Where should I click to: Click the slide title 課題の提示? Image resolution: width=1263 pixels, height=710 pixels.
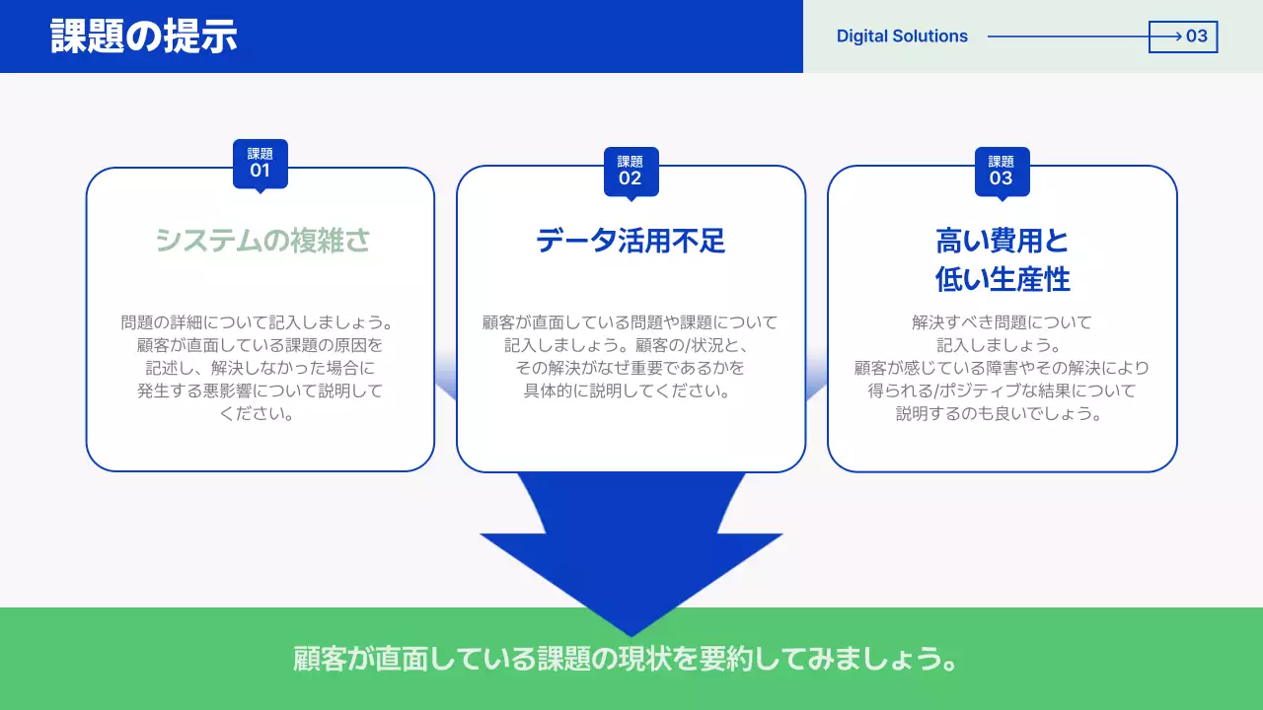pos(144,36)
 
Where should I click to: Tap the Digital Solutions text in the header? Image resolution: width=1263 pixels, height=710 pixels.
pos(902,36)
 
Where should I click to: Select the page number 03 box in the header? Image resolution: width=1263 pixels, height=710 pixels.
pos(1183,36)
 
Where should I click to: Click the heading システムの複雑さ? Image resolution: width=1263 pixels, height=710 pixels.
pos(261,241)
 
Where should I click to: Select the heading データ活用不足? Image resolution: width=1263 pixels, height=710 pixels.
pos(631,241)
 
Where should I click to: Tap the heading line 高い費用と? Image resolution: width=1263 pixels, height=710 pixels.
pos(1002,241)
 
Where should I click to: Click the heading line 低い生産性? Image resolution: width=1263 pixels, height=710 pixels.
pos(1002,279)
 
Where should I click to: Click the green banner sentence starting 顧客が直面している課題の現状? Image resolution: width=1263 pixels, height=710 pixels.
pos(627,659)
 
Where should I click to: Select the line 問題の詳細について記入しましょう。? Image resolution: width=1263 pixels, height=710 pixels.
pos(259,322)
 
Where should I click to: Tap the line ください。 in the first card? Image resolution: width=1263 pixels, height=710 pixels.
pos(259,414)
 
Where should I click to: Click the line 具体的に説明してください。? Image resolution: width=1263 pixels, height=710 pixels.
pos(630,391)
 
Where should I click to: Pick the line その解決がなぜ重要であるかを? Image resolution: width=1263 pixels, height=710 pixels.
pos(630,368)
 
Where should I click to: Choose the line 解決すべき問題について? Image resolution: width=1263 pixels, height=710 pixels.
pos(1002,322)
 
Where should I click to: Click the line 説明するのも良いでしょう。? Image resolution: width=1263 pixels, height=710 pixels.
pos(1002,414)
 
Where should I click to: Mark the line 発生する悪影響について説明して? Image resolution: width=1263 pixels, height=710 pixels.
pos(259,391)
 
